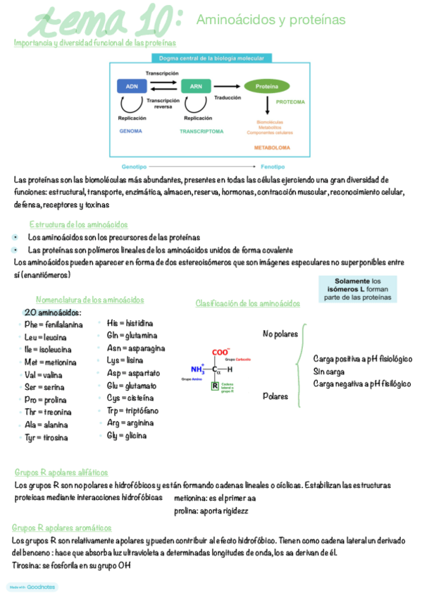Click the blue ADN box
(132, 86)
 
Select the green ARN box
(196, 86)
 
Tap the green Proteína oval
(266, 86)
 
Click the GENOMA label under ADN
(131, 131)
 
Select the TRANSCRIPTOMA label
(201, 131)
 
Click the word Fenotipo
(273, 167)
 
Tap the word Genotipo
(134, 167)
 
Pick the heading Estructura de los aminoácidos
(78, 224)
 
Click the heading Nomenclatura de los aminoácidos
(89, 300)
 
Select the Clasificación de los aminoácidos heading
(247, 303)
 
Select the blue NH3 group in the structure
(197, 369)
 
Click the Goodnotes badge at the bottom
(32, 587)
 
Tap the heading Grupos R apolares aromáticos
(62, 527)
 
